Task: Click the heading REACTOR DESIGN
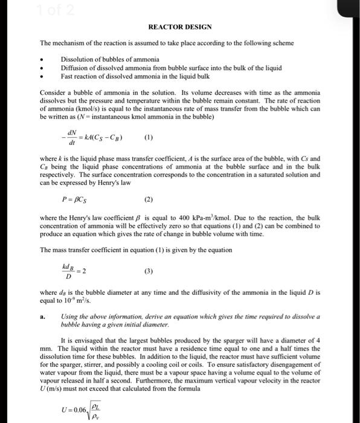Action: [180, 28]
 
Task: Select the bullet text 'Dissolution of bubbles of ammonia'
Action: [110, 59]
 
